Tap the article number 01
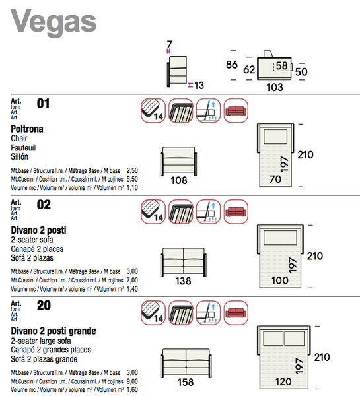(44, 104)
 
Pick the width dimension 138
(183, 280)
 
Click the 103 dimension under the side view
(274, 87)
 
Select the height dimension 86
(231, 65)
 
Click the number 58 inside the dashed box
(282, 65)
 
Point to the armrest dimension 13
(199, 85)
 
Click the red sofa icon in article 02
(236, 211)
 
